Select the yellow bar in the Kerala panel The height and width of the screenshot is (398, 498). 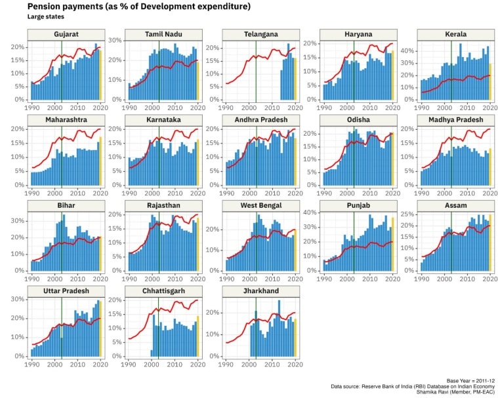point(490,81)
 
